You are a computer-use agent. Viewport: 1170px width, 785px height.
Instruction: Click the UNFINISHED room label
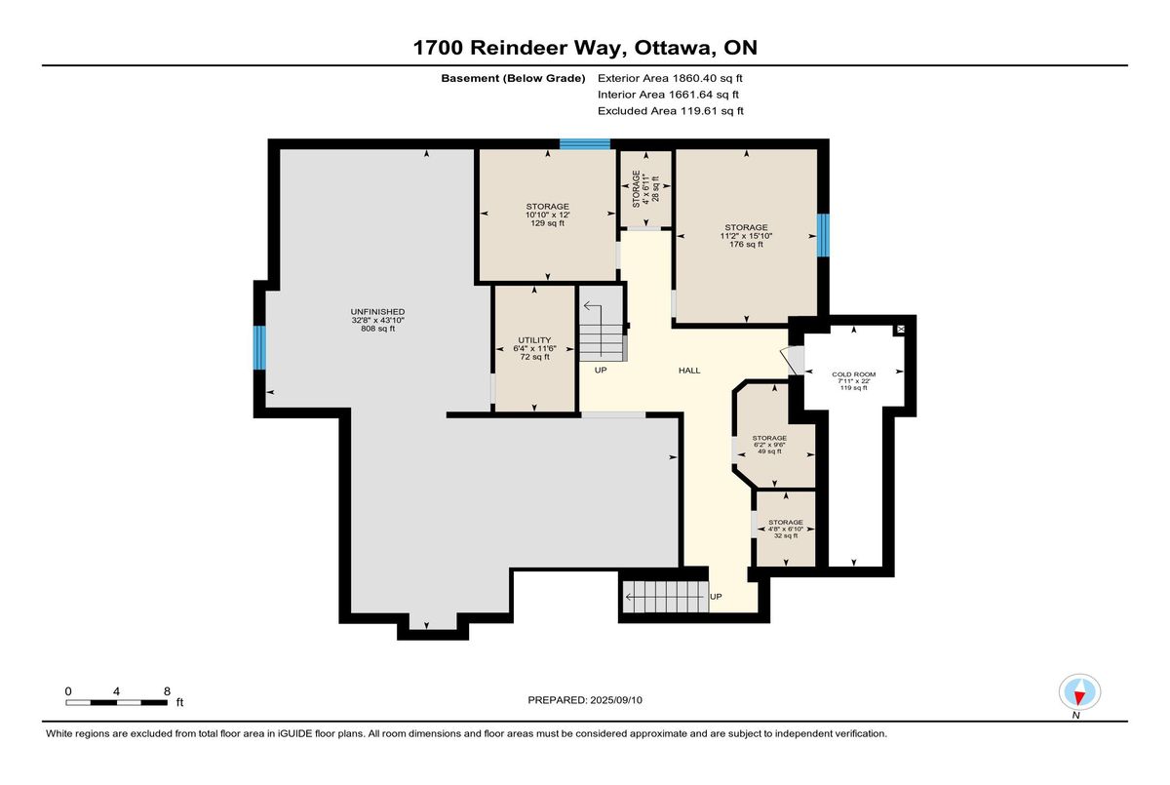pyautogui.click(x=377, y=320)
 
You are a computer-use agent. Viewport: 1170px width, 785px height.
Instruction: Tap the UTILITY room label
pyautogui.click(x=534, y=348)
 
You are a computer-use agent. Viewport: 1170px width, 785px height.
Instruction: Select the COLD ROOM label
pyautogui.click(x=853, y=380)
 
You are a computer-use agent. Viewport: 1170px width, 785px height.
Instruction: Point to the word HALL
pyautogui.click(x=689, y=371)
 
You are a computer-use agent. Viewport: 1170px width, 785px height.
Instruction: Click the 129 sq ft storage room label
pyautogui.click(x=547, y=215)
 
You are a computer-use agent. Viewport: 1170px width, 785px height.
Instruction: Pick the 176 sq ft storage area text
pyautogui.click(x=746, y=236)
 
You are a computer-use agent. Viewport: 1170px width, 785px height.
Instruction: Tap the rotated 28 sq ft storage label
pyautogui.click(x=645, y=188)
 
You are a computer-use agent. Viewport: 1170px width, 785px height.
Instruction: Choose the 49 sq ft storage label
pyautogui.click(x=769, y=445)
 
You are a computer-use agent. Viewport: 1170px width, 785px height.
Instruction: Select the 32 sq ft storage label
pyautogui.click(x=786, y=529)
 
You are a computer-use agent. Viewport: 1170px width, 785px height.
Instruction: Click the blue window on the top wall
pyautogui.click(x=585, y=144)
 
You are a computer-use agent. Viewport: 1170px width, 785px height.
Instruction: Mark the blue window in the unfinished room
pyautogui.click(x=259, y=348)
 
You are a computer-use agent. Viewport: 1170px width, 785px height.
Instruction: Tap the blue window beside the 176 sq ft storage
pyautogui.click(x=823, y=235)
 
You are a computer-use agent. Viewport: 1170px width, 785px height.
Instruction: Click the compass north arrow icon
pyautogui.click(x=1079, y=692)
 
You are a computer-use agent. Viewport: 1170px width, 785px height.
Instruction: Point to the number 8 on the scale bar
pyautogui.click(x=167, y=691)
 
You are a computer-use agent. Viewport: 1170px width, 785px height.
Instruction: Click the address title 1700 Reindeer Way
pyautogui.click(x=520, y=48)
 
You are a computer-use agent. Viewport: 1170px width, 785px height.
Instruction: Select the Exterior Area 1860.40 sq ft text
pyautogui.click(x=670, y=78)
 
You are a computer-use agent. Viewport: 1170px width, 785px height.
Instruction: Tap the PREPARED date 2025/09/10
pyautogui.click(x=616, y=700)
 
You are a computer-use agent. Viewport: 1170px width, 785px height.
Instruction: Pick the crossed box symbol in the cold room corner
pyautogui.click(x=901, y=330)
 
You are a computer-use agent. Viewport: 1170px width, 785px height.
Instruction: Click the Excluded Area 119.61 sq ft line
pyautogui.click(x=671, y=111)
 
